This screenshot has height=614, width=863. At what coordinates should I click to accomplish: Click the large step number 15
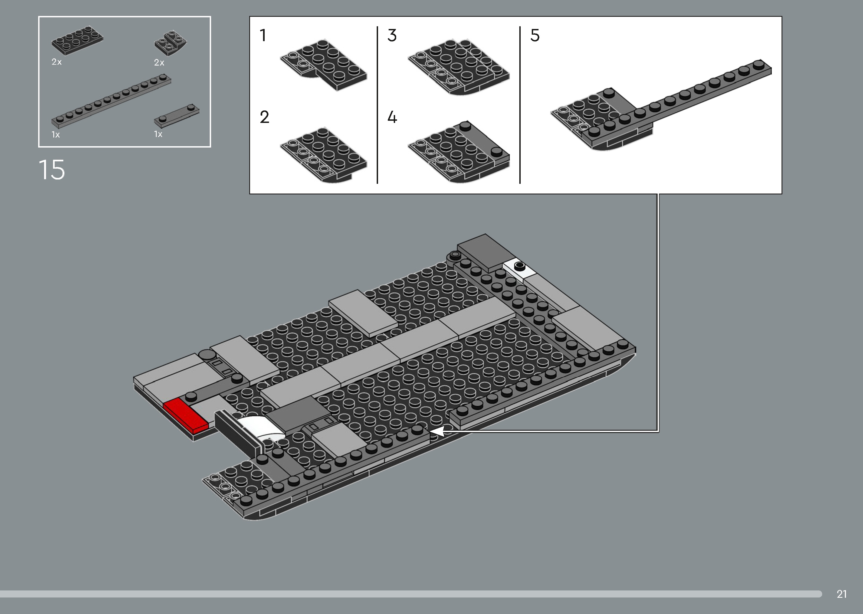pos(52,170)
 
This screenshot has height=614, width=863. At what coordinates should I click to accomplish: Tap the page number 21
pos(841,594)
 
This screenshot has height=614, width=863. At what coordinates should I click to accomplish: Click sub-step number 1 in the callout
pos(263,35)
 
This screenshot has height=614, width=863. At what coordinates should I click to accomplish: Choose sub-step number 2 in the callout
pos(264,117)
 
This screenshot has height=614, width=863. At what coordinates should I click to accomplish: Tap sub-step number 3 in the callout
pos(392,35)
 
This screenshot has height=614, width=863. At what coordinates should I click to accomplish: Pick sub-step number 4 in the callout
pos(392,117)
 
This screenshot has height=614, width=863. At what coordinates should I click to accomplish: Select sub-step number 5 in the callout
pos(535,35)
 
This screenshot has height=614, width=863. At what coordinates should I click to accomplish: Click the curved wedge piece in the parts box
pos(171,44)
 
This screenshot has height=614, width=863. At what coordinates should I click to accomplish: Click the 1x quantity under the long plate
pos(55,135)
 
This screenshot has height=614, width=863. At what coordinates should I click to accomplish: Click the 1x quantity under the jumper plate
pos(158,134)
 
